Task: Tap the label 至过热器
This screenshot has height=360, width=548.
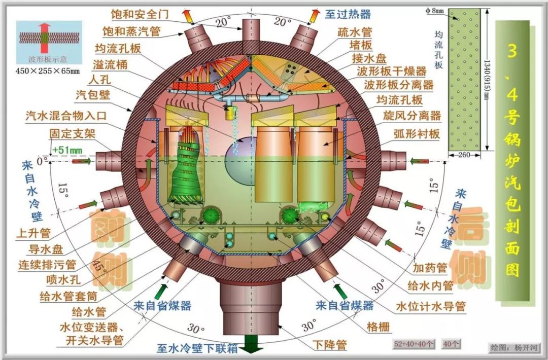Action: (x=348, y=14)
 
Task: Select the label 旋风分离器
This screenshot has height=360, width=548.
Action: (x=412, y=116)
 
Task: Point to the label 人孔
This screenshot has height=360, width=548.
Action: (x=99, y=80)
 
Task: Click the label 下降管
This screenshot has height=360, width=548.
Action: (x=330, y=345)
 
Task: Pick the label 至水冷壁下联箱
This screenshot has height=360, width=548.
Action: (x=197, y=348)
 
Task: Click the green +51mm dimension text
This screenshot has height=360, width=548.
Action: (x=67, y=151)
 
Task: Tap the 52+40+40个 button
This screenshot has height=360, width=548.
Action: (x=414, y=344)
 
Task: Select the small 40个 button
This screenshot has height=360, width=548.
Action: (x=451, y=344)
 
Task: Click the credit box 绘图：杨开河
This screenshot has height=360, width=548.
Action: (x=514, y=347)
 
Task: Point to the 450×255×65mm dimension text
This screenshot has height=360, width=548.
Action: (x=48, y=71)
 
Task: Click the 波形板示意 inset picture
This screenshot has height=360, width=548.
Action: (x=49, y=43)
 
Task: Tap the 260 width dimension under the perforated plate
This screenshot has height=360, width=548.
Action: (x=464, y=155)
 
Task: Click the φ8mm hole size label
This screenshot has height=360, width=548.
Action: (x=434, y=11)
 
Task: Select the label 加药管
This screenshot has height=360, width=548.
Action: (x=430, y=268)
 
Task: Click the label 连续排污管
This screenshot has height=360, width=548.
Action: (x=47, y=265)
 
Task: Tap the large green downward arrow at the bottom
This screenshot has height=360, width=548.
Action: (x=251, y=344)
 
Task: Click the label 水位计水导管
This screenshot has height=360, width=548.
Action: (x=431, y=306)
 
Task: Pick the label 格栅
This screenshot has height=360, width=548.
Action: (x=378, y=327)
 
